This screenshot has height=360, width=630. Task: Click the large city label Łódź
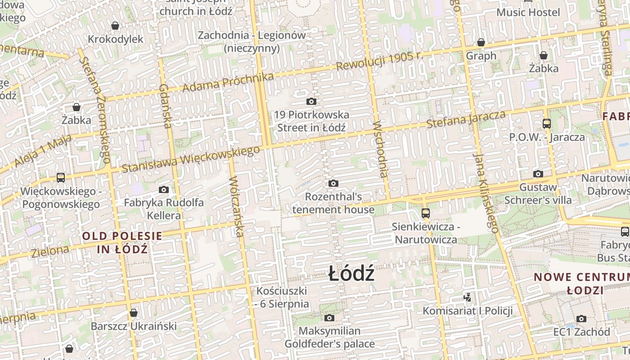[351, 274]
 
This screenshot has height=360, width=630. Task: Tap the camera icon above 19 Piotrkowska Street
[311, 101]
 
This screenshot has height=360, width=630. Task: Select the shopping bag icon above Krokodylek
[115, 26]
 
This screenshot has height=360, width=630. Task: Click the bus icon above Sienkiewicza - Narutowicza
[425, 213]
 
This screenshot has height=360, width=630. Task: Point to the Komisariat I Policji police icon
[468, 297]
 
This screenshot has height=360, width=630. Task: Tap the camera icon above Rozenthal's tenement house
[333, 183]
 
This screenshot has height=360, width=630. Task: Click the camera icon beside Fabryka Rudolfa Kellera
[164, 189]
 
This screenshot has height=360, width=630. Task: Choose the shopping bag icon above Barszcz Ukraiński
[133, 313]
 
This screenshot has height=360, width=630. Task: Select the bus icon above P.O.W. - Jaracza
[547, 123]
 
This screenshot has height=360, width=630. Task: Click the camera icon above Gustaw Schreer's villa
[538, 174]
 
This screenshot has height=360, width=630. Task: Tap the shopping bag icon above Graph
[481, 42]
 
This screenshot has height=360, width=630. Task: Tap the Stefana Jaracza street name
[466, 119]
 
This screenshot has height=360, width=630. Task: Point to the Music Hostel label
[528, 12]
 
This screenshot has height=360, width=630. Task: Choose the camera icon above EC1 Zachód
[581, 319]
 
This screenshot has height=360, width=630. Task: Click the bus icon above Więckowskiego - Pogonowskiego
[61, 178]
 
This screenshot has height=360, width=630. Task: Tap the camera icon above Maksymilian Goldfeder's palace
[329, 318]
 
